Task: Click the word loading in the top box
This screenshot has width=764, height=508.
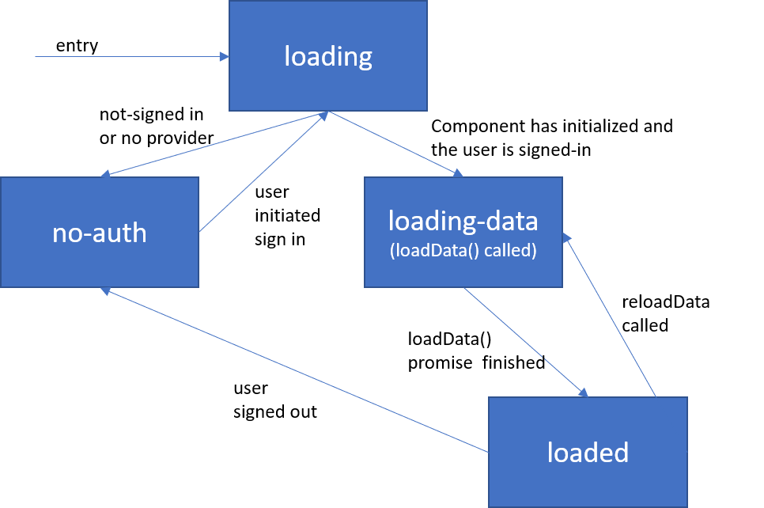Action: [328, 57]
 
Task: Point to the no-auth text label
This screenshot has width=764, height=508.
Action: [100, 233]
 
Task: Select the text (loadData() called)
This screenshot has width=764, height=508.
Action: [463, 252]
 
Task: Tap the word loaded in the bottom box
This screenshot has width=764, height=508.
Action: [588, 452]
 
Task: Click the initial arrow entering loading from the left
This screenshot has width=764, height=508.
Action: [127, 57]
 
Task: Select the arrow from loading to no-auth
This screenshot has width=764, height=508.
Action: [214, 145]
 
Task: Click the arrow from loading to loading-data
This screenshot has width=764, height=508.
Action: [395, 143]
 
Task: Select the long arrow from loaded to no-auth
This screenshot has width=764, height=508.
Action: [293, 370]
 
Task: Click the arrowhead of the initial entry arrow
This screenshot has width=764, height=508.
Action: [225, 57]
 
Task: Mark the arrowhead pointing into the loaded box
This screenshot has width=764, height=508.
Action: [584, 392]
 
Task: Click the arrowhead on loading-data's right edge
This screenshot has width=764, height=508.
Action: [566, 238]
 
